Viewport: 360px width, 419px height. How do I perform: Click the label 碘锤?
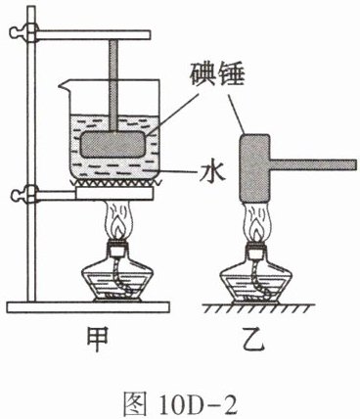coord(217,73)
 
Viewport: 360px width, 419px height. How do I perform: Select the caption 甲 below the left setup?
coord(97,340)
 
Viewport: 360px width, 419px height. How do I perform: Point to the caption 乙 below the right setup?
coord(254,340)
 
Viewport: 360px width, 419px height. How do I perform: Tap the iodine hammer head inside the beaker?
coord(113,144)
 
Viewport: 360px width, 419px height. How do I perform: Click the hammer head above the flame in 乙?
coord(254,168)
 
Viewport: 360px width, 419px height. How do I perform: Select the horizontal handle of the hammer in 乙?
coord(313,164)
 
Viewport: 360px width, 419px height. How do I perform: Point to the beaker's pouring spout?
coord(65,85)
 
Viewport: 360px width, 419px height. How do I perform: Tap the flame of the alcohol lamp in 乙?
coord(257,222)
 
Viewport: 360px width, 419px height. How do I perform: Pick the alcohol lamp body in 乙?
coord(255,276)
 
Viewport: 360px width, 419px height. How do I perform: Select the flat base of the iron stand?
coord(88,307)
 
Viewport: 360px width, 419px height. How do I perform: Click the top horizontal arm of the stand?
coord(92,35)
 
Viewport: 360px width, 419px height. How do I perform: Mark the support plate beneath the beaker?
coord(113,193)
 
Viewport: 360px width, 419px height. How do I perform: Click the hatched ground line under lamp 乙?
coord(258,307)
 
